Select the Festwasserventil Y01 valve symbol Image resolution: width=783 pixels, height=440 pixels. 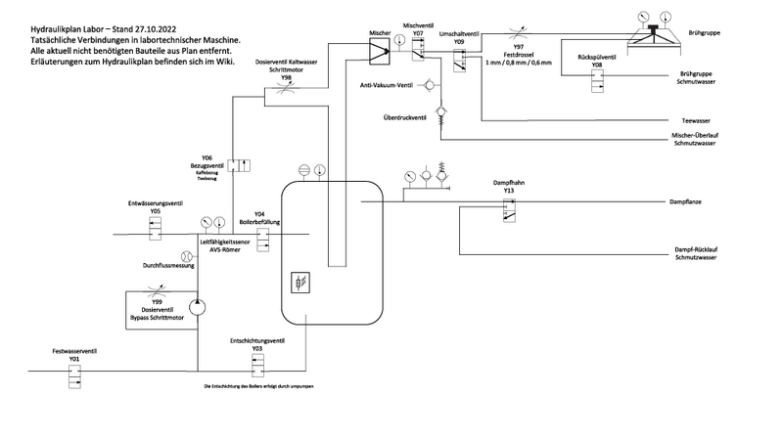pyautogui.click(x=74, y=373)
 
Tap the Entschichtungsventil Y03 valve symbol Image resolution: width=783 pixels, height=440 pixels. pyautogui.click(x=257, y=364)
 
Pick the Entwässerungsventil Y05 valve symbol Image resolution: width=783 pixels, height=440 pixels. pyautogui.click(x=156, y=228)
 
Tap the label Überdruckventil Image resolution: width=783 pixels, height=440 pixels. pyautogui.click(x=402, y=118)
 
